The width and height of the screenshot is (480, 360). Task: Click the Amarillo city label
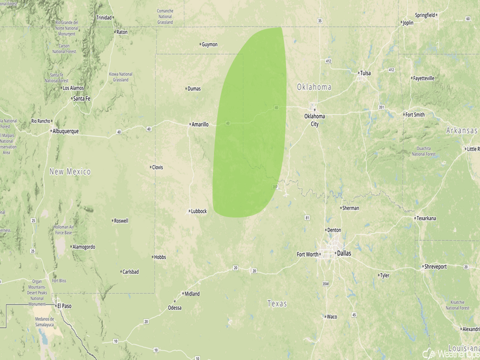[x=200, y=124]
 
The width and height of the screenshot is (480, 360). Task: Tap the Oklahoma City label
[x=315, y=119]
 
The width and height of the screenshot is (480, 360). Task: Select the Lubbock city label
[x=198, y=211]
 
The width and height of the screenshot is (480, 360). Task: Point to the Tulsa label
[x=365, y=73]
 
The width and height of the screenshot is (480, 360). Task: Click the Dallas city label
[x=344, y=253]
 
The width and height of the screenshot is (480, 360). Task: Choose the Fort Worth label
[x=307, y=254]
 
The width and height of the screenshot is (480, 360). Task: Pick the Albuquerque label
[x=65, y=131]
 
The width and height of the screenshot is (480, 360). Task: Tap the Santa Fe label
[x=82, y=98]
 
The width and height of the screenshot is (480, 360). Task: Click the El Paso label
[x=64, y=305]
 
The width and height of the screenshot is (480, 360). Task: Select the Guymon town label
[x=209, y=44]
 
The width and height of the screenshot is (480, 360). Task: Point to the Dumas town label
[x=194, y=89]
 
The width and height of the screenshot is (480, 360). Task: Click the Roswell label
[x=122, y=221]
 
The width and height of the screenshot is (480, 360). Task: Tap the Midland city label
[x=192, y=294]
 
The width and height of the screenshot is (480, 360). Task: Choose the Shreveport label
[x=435, y=267]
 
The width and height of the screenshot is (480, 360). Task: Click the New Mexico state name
[x=70, y=172]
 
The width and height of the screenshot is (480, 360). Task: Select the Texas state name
[x=277, y=304]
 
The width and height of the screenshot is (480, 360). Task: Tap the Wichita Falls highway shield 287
[x=276, y=187]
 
